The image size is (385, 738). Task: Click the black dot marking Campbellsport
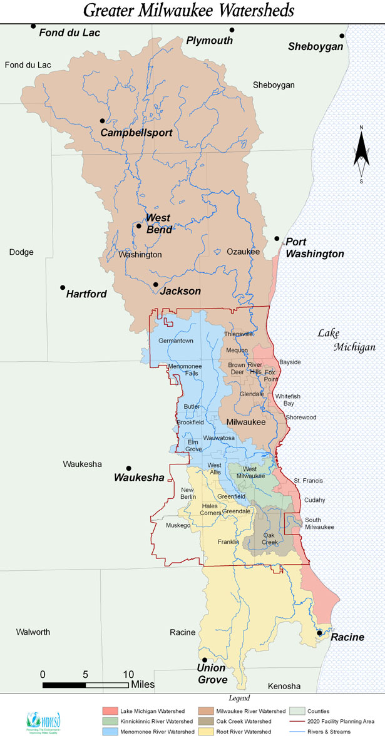coord(102,121)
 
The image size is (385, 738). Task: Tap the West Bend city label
coord(158,223)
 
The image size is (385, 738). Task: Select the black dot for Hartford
coord(63,287)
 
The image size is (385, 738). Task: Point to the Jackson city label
coord(180,291)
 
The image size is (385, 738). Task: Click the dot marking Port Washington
coord(277,238)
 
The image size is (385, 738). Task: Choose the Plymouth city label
coord(209,41)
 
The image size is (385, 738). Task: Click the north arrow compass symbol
coord(361,154)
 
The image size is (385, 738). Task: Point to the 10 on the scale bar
coord(128,674)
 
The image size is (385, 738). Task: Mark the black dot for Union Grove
coord(204,660)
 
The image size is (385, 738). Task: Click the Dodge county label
coord(21,252)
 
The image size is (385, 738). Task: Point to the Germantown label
coord(176,341)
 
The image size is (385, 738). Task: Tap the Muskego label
coord(178,526)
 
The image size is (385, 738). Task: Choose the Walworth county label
coord(33,632)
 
